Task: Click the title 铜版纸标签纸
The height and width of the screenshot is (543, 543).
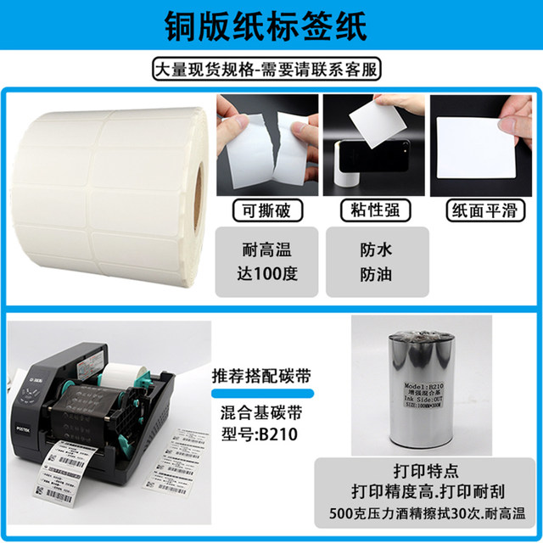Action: (x=271, y=26)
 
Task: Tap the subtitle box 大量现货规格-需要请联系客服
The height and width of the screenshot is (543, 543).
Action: (x=271, y=69)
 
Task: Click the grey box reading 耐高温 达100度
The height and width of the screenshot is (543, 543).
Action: (x=266, y=261)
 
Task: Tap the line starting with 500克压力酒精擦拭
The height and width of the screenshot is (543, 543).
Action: (x=416, y=514)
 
